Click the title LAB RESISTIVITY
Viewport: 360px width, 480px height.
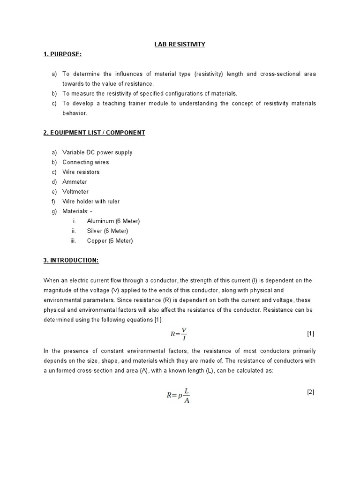pyautogui.click(x=180, y=45)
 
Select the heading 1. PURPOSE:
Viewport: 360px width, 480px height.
pyautogui.click(x=62, y=54)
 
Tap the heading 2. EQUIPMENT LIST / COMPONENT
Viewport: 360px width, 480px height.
pyautogui.click(x=94, y=133)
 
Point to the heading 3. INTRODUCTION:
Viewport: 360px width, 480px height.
pyautogui.click(x=71, y=260)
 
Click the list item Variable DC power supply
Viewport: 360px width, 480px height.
pyautogui.click(x=97, y=152)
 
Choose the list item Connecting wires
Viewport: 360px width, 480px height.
pyautogui.click(x=86, y=162)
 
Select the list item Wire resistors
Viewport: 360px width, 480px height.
pyautogui.click(x=81, y=172)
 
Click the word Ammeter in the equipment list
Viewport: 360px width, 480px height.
pyautogui.click(x=75, y=182)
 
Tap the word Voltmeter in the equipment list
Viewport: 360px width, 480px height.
pyautogui.click(x=75, y=192)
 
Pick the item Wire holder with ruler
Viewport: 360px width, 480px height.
pyautogui.click(x=91, y=202)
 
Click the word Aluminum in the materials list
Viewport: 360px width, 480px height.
pyautogui.click(x=100, y=221)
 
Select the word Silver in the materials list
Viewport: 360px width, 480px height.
pyautogui.click(x=95, y=231)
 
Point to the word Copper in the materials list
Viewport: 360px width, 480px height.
pyautogui.click(x=96, y=241)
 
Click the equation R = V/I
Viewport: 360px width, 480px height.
pyautogui.click(x=179, y=334)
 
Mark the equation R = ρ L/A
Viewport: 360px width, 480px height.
pyautogui.click(x=179, y=395)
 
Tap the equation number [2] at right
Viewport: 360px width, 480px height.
pyautogui.click(x=310, y=392)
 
